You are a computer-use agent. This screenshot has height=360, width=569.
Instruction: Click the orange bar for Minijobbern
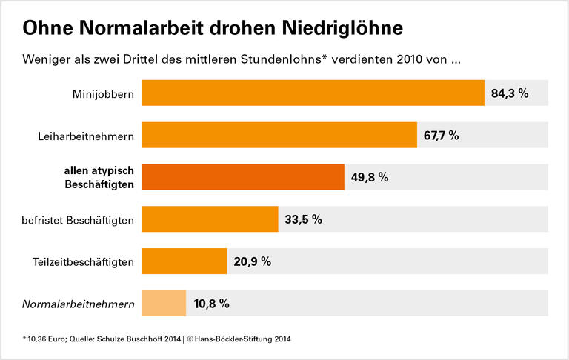pos(313,93)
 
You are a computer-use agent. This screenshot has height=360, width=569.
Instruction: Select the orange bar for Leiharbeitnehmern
pos(279,136)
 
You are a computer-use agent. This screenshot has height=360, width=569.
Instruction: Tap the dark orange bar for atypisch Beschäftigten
pos(243,178)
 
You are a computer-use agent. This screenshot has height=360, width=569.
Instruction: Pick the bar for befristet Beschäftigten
pos(210,219)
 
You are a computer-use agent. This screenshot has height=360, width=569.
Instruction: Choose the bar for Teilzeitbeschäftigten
pos(184,261)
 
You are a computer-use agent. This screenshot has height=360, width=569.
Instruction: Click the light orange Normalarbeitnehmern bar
pos(164,304)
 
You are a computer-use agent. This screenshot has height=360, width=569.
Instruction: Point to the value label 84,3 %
pos(510,93)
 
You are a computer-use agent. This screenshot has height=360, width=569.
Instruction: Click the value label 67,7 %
pos(442,136)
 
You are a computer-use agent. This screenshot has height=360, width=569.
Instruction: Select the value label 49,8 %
pos(370,178)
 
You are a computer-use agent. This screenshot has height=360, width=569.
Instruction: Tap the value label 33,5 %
pos(304,219)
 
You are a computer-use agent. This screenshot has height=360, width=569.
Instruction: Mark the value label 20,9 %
pos(252,261)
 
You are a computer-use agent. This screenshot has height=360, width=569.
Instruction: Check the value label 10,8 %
pos(211,304)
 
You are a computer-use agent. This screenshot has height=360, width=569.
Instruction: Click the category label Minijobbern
pos(103,94)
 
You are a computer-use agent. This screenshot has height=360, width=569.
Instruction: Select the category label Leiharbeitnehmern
pos(86,136)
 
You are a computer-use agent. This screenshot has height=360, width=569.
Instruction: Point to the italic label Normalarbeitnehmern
pos(79,304)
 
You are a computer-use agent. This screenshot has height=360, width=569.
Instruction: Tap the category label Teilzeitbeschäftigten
pos(84,262)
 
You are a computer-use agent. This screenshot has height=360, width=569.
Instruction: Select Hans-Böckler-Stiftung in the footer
pos(235,339)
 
